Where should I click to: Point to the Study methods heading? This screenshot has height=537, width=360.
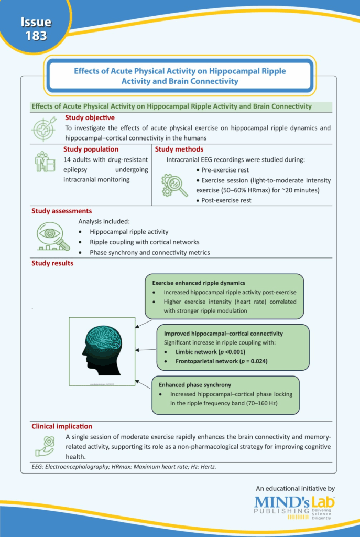(x=179, y=149)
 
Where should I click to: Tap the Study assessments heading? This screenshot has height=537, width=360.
(x=62, y=211)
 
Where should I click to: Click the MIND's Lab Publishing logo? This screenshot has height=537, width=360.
(x=295, y=507)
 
